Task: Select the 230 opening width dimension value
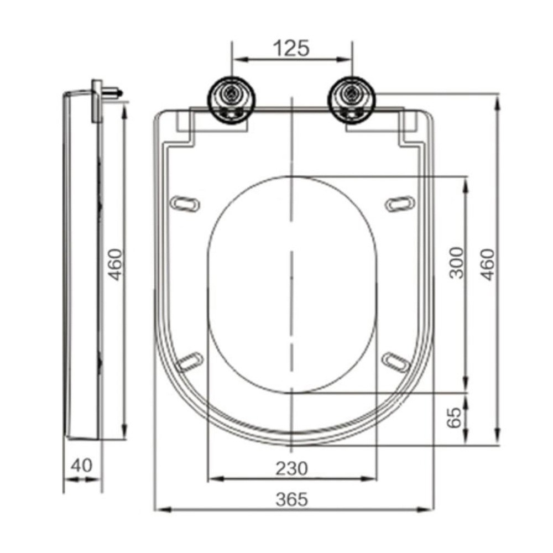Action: pyautogui.click(x=291, y=468)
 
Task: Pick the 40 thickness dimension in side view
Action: pyautogui.click(x=81, y=465)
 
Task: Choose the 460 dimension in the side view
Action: pyautogui.click(x=114, y=264)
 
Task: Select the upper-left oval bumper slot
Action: pyautogui.click(x=185, y=204)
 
